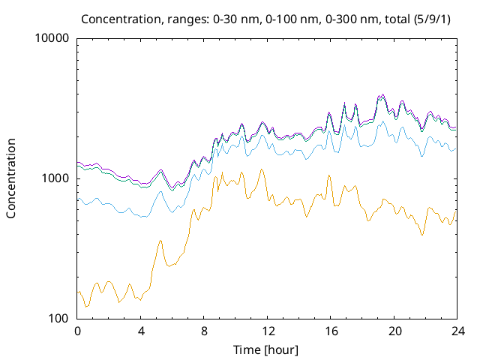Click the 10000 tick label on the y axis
(x=52, y=38)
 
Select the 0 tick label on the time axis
(x=77, y=331)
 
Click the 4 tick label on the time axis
(x=140, y=331)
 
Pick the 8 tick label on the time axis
(x=203, y=331)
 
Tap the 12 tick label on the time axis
(x=266, y=331)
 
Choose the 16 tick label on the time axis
(x=329, y=331)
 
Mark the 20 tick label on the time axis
(x=392, y=331)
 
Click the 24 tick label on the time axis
(x=455, y=331)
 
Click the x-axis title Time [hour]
(x=266, y=349)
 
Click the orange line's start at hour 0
(x=78, y=292)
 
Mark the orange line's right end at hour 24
(x=455, y=211)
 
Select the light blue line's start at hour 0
(x=78, y=199)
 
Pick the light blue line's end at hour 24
(x=455, y=148)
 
